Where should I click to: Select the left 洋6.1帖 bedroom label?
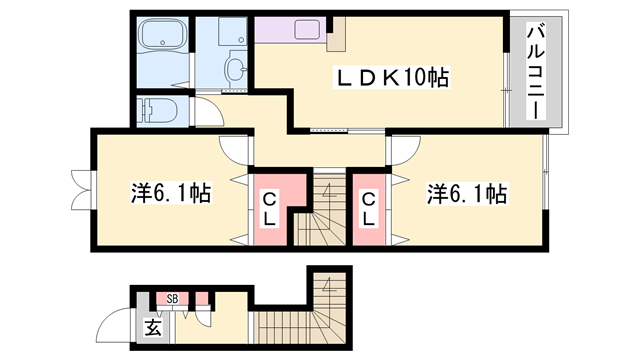tap(170, 192)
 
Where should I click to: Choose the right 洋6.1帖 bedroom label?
tap(466, 192)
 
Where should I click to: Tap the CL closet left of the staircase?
tap(270, 209)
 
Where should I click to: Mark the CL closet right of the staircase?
tap(368, 209)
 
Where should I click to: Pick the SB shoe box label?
tap(173, 298)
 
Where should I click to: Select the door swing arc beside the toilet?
tap(205, 112)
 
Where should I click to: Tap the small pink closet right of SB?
tap(202, 297)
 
